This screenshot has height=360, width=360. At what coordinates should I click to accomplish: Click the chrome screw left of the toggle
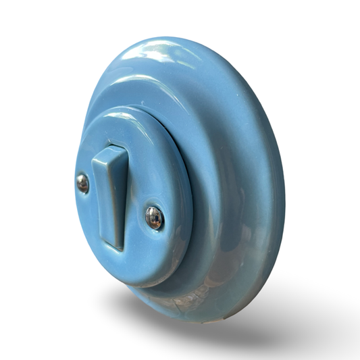pos(82,182)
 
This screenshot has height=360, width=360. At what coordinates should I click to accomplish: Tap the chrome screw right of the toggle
pos(154,217)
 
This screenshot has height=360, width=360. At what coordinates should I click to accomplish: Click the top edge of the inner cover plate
pos(128,111)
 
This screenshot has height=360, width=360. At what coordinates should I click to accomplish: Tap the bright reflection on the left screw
pos(80,180)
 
